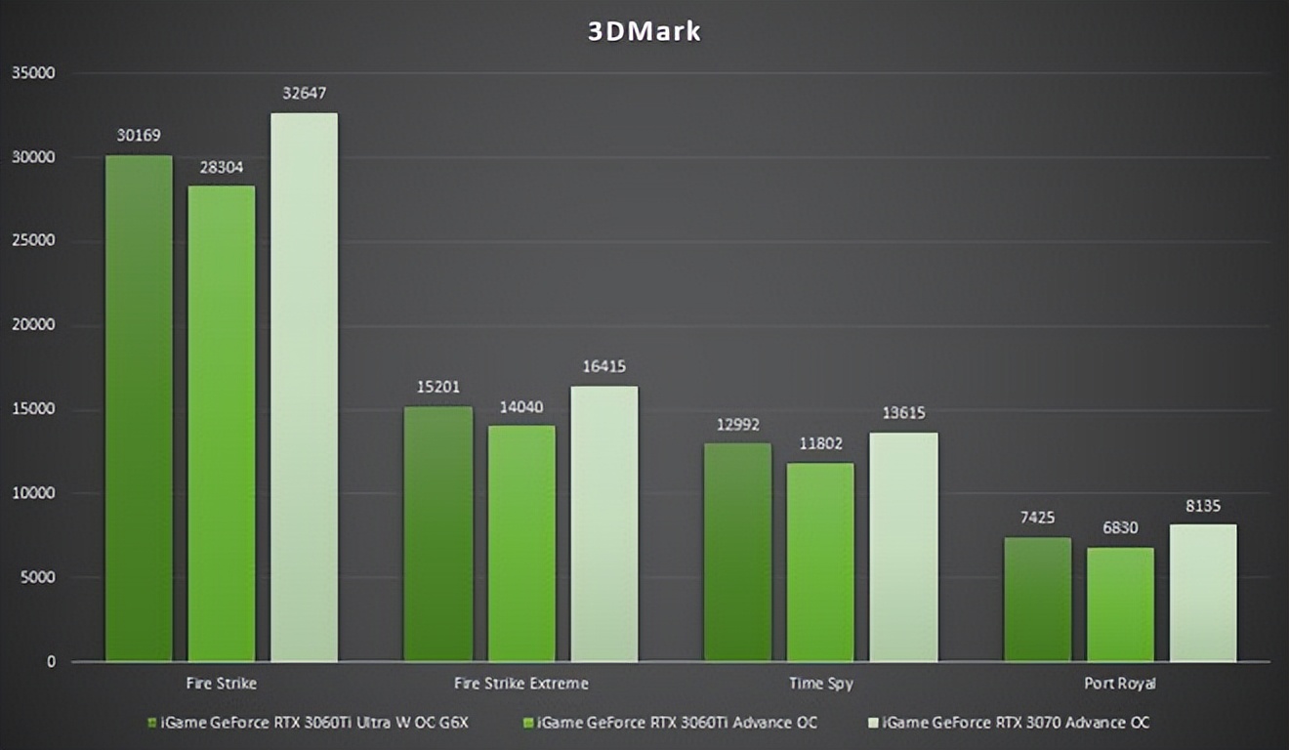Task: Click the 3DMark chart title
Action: coord(644,31)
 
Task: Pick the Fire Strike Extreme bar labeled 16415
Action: coord(604,523)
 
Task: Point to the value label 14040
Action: coord(521,406)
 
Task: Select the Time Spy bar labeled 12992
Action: coord(737,552)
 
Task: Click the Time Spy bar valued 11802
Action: coord(820,562)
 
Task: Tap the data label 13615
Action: coord(903,413)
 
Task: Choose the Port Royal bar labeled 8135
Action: coord(1203,593)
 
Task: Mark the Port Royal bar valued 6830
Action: coord(1120,604)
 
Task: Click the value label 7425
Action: coord(1037,518)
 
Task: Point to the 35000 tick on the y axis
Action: coord(33,73)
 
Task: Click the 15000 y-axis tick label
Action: coord(33,410)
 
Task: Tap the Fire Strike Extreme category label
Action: coord(521,683)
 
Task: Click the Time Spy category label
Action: coord(820,683)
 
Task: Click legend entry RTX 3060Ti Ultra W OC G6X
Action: coord(308,723)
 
